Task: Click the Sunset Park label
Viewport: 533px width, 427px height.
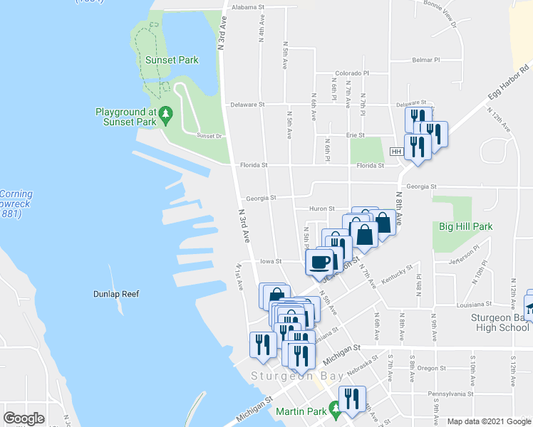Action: [172, 60]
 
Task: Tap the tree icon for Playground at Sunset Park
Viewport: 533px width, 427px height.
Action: [165, 112]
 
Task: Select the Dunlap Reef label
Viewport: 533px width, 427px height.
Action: [116, 294]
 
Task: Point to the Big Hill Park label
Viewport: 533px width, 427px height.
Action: [465, 227]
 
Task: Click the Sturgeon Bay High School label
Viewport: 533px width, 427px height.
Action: [500, 322]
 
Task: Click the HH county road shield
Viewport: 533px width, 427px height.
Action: [397, 152]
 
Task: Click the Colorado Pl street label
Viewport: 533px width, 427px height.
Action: [352, 73]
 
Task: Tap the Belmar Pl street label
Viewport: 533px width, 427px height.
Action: [426, 60]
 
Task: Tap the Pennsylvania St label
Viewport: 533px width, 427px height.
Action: [450, 394]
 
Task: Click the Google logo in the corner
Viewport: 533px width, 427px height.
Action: [24, 418]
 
